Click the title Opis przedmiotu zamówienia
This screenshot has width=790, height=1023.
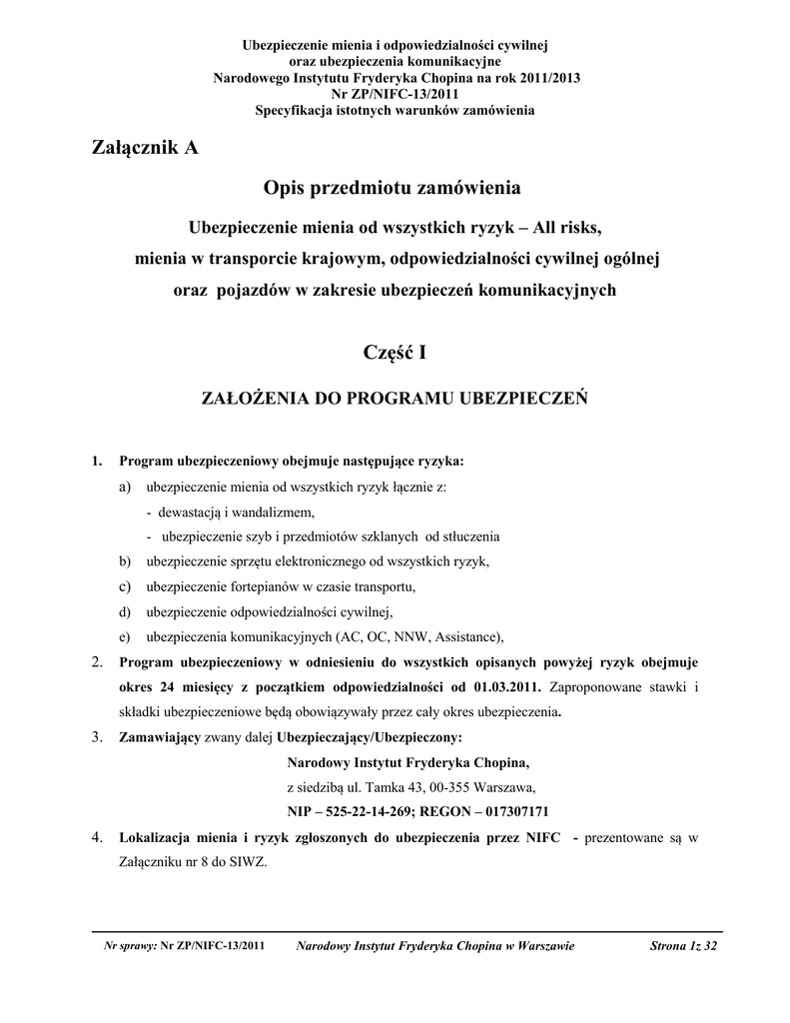point(393,187)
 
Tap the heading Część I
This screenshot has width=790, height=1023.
point(395,352)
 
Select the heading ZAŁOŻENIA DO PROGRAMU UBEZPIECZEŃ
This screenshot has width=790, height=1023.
point(395,398)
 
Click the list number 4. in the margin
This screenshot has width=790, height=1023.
point(97,836)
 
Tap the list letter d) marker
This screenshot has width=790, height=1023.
point(124,611)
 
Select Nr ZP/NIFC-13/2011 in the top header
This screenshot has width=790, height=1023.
point(395,94)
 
